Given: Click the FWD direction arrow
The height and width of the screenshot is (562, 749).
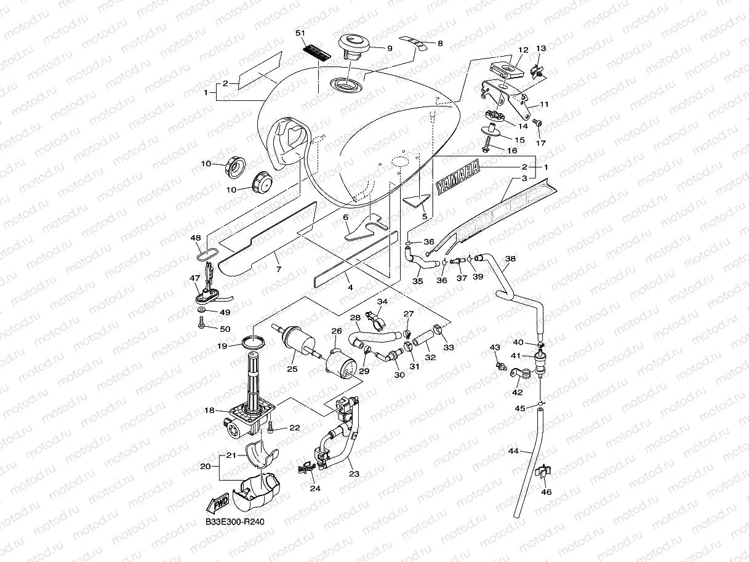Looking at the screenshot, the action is coord(217,503).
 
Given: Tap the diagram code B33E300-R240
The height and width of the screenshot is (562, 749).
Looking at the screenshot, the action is coord(234,522).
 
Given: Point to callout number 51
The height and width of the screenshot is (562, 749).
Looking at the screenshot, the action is coord(300,33).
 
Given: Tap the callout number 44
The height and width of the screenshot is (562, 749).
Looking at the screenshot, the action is coord(513,451).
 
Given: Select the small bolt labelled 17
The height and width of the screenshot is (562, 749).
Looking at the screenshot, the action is coord(537,122).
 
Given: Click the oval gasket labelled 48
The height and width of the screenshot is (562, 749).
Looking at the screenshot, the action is coord(207,254).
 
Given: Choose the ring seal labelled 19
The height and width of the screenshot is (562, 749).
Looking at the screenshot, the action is coord(253,342).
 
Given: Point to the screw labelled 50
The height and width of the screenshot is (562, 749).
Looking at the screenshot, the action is coord(201,322).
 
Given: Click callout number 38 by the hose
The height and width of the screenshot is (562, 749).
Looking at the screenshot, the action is coord(510,259).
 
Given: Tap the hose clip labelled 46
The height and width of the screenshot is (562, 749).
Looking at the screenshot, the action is coord(543,472).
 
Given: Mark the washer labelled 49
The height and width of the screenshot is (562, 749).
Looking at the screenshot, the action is coord(201,310).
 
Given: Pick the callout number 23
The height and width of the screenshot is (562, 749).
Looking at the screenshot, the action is coord(354,473).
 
